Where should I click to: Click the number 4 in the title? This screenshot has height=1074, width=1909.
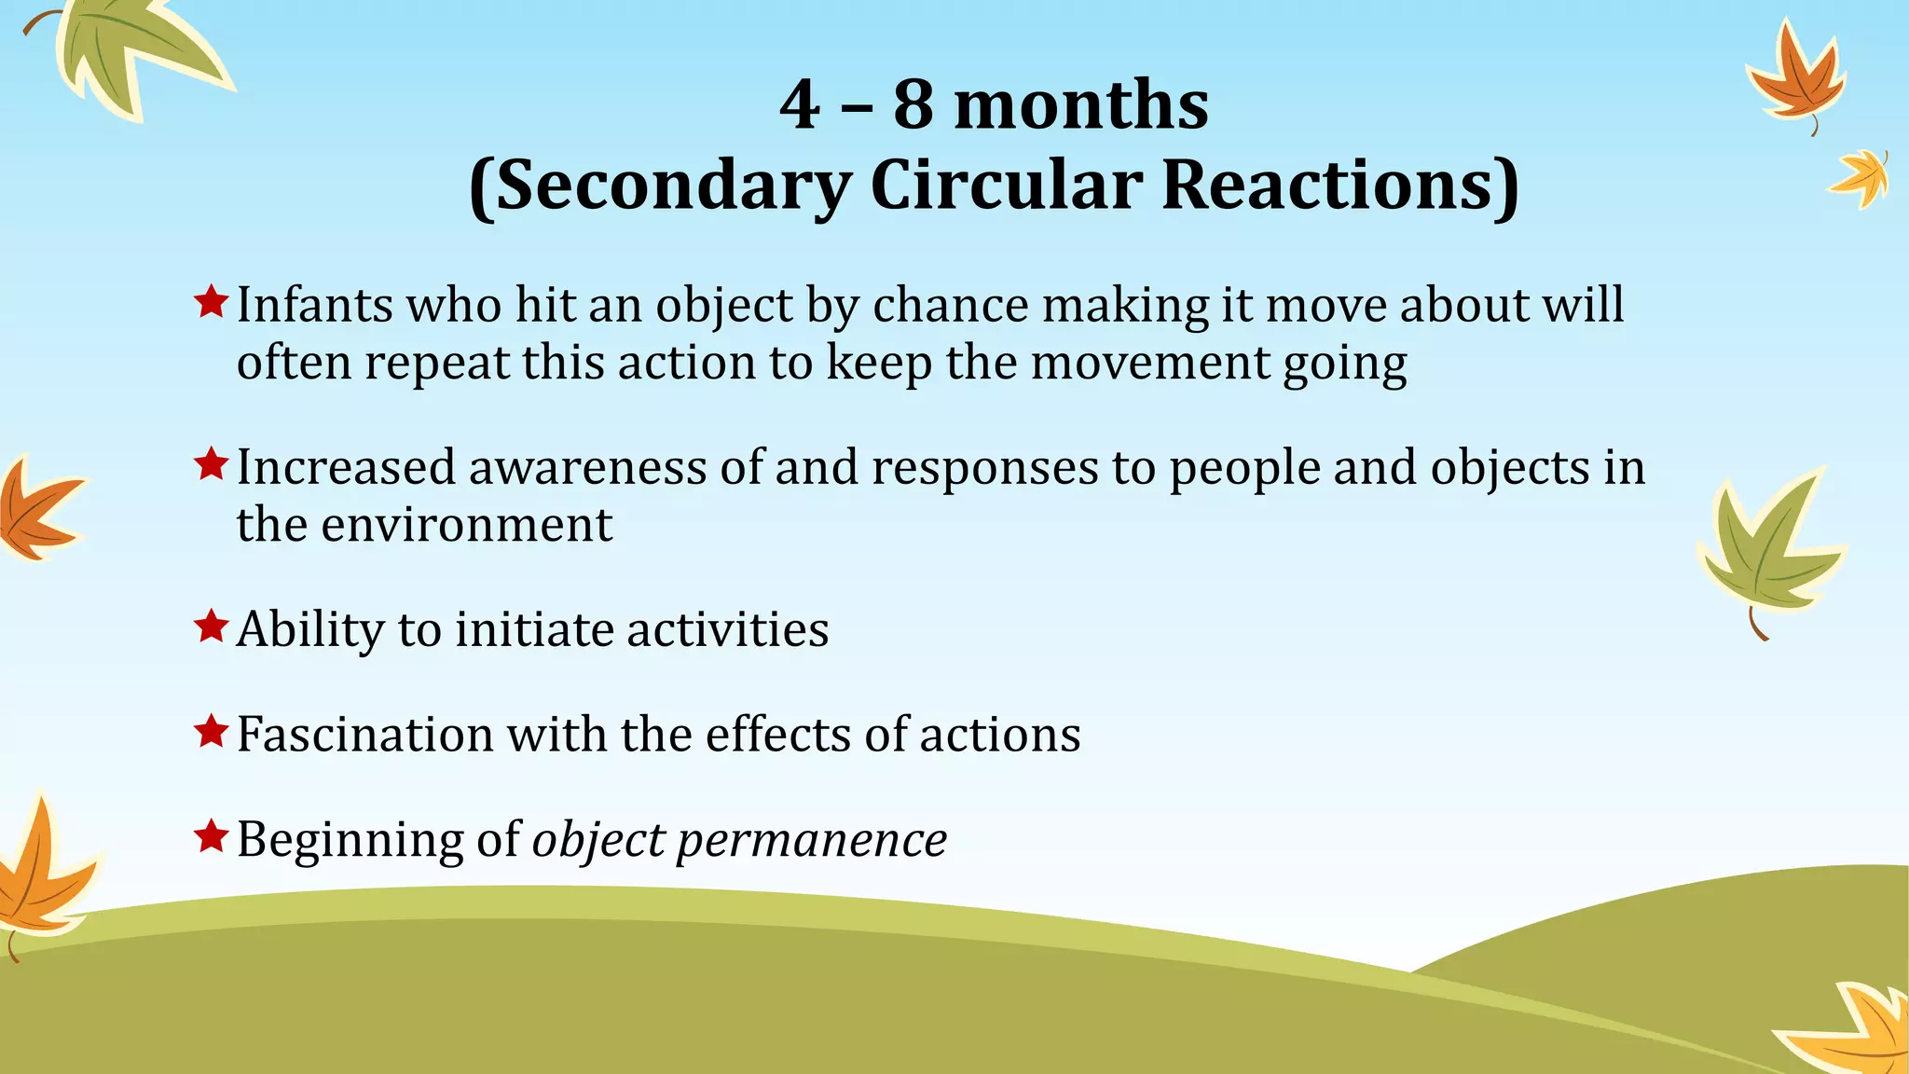click(x=800, y=104)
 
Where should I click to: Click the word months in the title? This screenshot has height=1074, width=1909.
click(x=1081, y=104)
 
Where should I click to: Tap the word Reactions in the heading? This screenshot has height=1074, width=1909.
click(x=1339, y=185)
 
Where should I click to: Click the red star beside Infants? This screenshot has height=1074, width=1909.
click(x=212, y=302)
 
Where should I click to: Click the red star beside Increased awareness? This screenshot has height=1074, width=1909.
click(x=212, y=464)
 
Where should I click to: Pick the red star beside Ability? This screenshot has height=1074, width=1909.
click(x=212, y=626)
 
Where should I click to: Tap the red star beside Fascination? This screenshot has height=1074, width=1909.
click(x=212, y=732)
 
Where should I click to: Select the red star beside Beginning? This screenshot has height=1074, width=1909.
click(x=212, y=837)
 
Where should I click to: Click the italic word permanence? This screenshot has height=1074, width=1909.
click(x=811, y=841)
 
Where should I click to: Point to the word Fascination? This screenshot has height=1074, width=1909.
click(x=364, y=735)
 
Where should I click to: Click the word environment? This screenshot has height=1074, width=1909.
click(x=466, y=525)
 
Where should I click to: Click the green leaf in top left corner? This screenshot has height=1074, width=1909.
click(x=130, y=51)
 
